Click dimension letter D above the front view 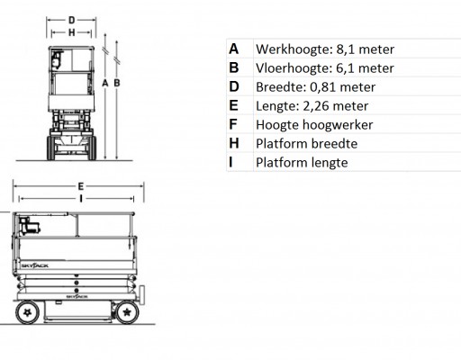71,21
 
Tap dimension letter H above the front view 71,32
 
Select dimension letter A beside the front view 105,83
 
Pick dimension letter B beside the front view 117,83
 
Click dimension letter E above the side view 80,186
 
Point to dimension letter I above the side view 81,198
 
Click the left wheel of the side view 28,312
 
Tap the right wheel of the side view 127,312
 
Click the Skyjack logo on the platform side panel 35,265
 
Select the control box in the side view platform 29,226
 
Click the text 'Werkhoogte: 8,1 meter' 325,49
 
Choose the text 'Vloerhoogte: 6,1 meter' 325,68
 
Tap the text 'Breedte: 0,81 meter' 315,87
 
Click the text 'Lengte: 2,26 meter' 312,106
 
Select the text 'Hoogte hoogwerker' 314,125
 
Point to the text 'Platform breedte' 306,144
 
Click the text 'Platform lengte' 302,163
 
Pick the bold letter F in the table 233,124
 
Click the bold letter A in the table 234,49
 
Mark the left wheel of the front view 51,148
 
